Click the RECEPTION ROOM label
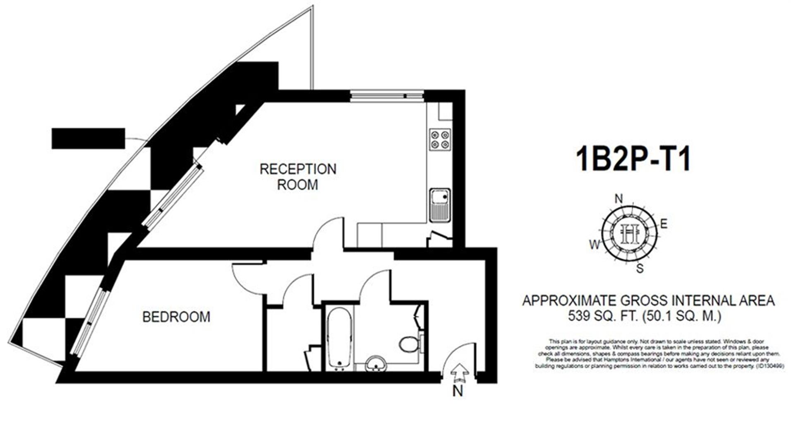[x=297, y=177]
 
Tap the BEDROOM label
[x=176, y=317]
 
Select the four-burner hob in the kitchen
[x=439, y=139]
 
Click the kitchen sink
[x=439, y=205]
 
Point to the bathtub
[x=339, y=338]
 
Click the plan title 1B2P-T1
[x=633, y=160]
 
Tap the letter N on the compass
[x=618, y=199]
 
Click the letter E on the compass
[x=664, y=224]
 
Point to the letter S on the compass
[x=640, y=269]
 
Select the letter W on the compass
[x=594, y=245]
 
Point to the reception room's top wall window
[x=386, y=96]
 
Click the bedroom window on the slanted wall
[x=89, y=322]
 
